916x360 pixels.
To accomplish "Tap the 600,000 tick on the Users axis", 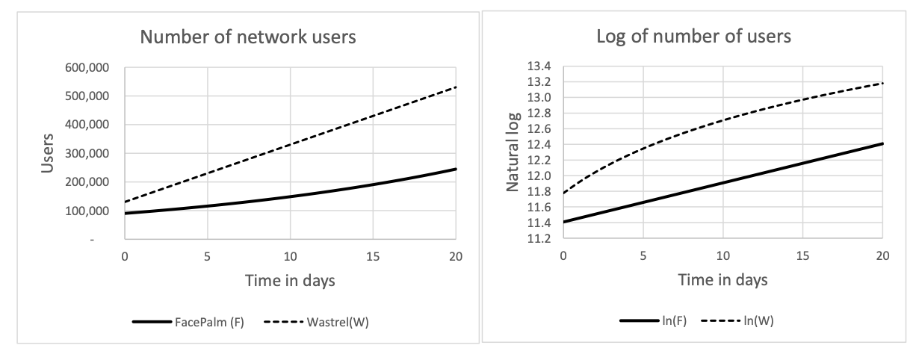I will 91,68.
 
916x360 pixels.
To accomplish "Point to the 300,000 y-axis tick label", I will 91,154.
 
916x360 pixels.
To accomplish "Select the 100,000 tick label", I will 91,211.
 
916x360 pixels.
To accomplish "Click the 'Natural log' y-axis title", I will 513,155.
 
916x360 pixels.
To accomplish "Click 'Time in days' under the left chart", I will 291,282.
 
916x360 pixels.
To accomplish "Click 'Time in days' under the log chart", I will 722,282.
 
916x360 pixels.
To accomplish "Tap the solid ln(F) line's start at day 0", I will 564,222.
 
